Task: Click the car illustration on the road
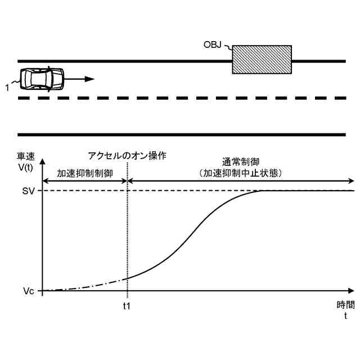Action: coord(42,79)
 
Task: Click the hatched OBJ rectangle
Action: coord(262,60)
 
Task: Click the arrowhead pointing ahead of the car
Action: coord(91,79)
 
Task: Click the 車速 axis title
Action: coord(26,156)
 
